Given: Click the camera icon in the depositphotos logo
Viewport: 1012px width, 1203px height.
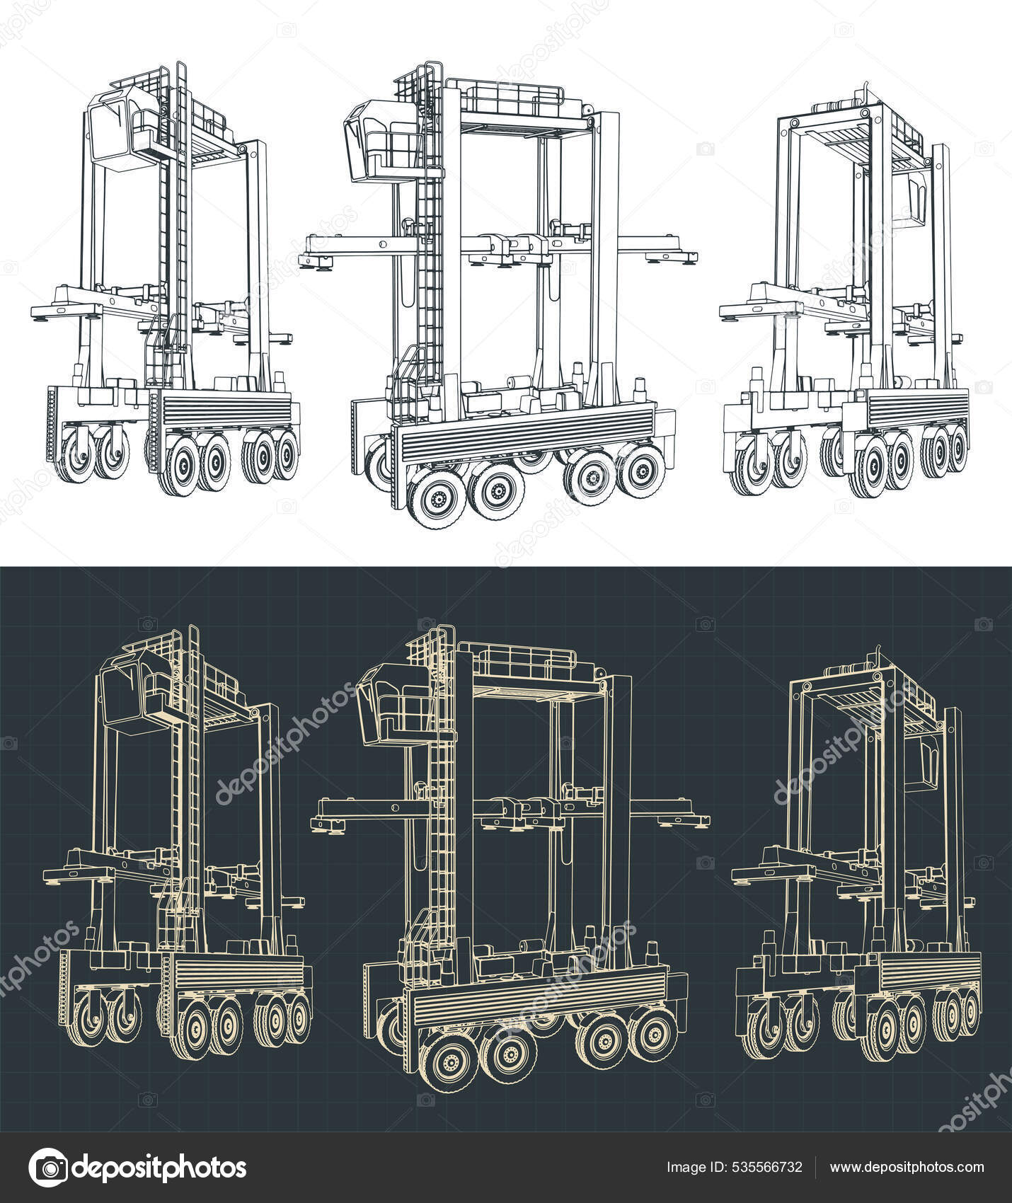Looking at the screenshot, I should tap(50, 1167).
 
